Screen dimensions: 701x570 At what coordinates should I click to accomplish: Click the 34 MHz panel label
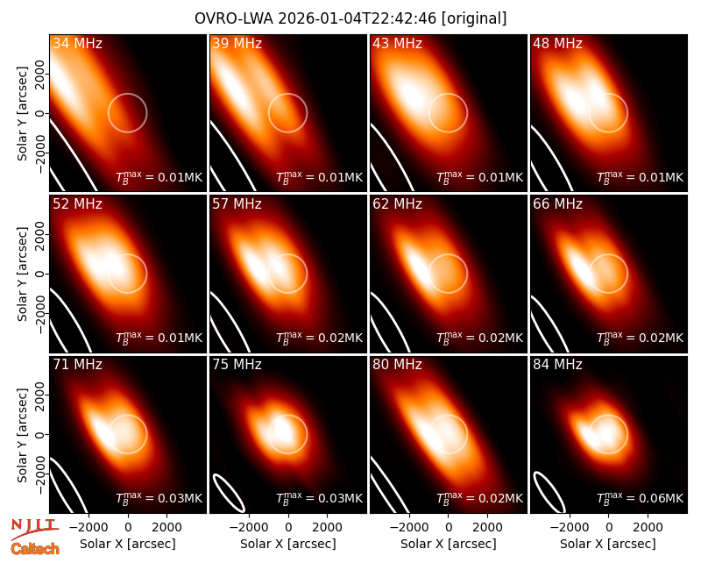(77, 43)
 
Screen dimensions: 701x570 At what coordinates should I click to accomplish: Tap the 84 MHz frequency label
(557, 365)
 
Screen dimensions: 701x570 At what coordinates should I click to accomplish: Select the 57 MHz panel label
(237, 204)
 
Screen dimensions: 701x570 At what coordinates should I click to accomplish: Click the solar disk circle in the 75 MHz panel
(288, 415)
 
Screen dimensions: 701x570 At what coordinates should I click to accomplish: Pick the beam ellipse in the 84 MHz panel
(549, 492)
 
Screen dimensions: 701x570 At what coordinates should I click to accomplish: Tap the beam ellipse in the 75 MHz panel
(229, 493)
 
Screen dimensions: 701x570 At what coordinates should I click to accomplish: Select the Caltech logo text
(35, 549)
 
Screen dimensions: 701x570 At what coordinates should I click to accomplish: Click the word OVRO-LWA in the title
(234, 18)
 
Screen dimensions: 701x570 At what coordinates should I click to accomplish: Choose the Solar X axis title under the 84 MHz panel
(608, 544)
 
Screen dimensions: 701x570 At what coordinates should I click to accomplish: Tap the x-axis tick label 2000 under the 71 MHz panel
(166, 527)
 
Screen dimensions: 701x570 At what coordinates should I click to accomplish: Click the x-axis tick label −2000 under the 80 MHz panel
(409, 527)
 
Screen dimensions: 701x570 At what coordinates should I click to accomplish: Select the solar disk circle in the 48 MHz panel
(608, 94)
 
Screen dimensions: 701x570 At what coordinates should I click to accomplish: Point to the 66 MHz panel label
(557, 204)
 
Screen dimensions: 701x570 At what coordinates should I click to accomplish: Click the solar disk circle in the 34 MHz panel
(127, 94)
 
